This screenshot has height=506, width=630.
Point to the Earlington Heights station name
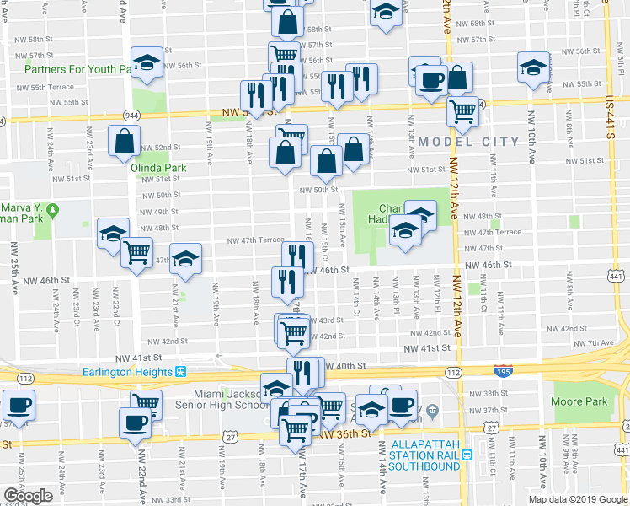coord(127,372)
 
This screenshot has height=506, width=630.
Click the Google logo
coord(28,496)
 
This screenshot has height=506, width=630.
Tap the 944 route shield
coord(131,114)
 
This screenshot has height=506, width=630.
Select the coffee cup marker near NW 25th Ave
coord(19,406)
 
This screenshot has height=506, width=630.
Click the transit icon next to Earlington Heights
coord(181,372)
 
